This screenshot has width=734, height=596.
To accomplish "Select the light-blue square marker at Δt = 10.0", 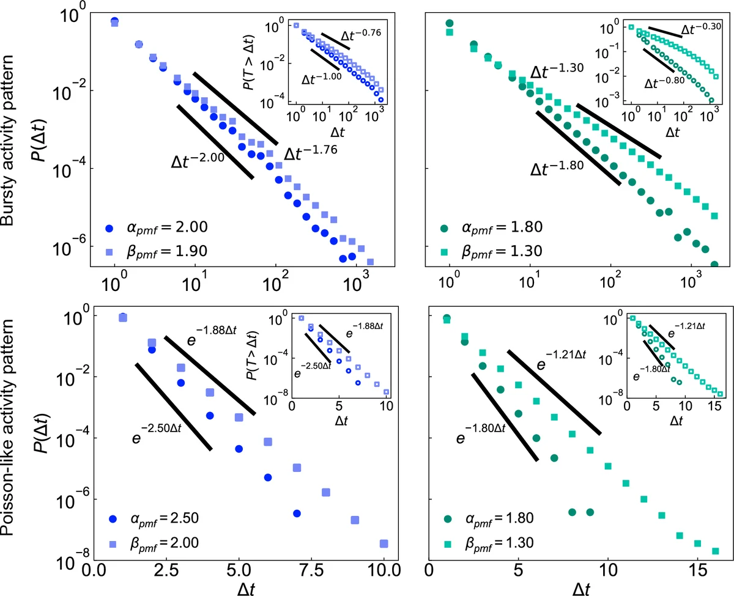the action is click(384, 543).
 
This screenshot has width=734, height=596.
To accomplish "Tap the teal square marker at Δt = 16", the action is click(714, 551).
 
